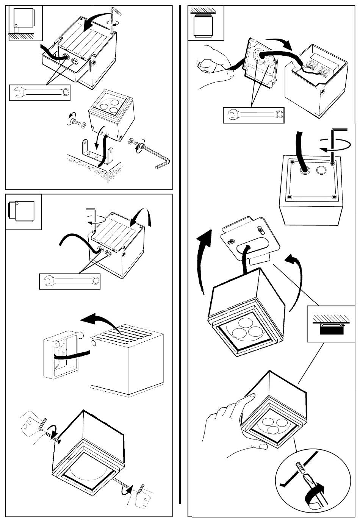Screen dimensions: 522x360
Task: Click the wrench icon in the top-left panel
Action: (40, 92)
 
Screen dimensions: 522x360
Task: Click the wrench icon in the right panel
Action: (254, 115)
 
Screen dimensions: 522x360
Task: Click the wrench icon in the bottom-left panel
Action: (70, 281)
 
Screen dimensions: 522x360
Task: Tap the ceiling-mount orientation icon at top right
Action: (206, 23)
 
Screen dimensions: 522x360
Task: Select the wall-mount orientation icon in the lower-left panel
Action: (23, 212)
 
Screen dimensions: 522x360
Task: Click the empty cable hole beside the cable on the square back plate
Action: (321, 170)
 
